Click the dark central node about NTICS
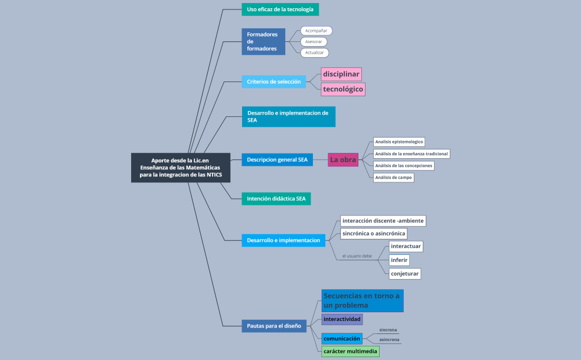pyautogui.click(x=181, y=168)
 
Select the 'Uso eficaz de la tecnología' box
pyautogui.click(x=280, y=9)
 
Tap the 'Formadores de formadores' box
pyautogui.click(x=263, y=41)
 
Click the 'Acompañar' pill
pyautogui.click(x=316, y=31)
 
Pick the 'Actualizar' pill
pyautogui.click(x=315, y=53)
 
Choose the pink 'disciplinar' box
pyautogui.click(x=341, y=74)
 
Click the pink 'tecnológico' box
pyautogui.click(x=343, y=89)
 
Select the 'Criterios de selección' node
pyautogui.click(x=274, y=81)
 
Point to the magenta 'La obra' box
pyautogui.click(x=343, y=159)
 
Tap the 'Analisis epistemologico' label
pyautogui.click(x=399, y=142)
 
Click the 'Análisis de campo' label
pyautogui.click(x=393, y=178)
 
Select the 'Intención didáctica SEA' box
pyautogui.click(x=276, y=198)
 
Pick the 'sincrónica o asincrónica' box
pyautogui.click(x=374, y=233)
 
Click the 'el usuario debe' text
pyautogui.click(x=357, y=256)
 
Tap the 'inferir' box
pyautogui.click(x=399, y=260)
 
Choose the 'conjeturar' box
pyautogui.click(x=404, y=274)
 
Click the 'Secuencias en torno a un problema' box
pyautogui.click(x=363, y=300)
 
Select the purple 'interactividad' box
pyautogui.click(x=342, y=319)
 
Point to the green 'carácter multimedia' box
pyautogui.click(x=350, y=352)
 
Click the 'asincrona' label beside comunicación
pyautogui.click(x=389, y=339)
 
